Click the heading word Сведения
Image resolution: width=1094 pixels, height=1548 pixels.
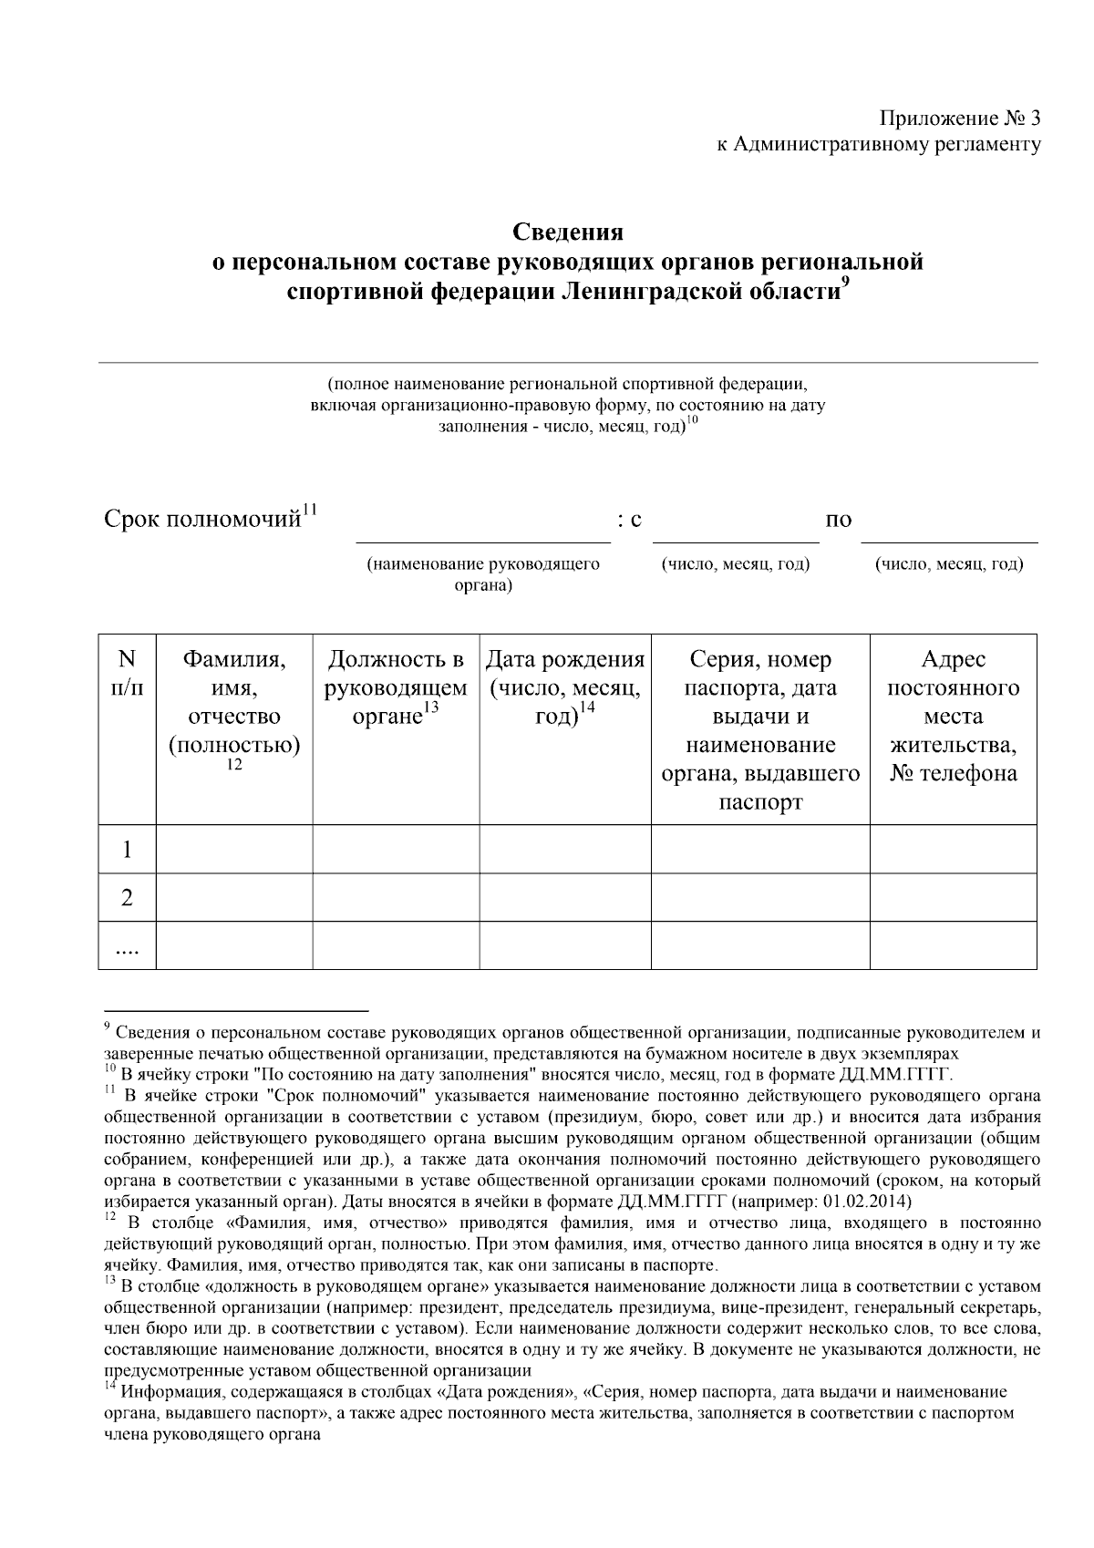click(566, 232)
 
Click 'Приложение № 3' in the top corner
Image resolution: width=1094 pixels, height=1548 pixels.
click(959, 119)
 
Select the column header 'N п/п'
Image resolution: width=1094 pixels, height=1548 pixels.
click(127, 673)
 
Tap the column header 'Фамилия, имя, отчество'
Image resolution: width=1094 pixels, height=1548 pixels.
click(234, 702)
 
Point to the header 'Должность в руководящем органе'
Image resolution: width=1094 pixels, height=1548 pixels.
click(396, 688)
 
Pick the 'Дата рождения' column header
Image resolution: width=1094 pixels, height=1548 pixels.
click(565, 688)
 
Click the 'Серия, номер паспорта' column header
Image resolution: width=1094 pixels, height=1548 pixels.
click(760, 729)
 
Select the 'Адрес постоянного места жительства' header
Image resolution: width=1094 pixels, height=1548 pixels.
click(953, 716)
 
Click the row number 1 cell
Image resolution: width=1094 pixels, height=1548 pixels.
click(127, 850)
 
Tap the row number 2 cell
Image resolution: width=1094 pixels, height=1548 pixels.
click(127, 898)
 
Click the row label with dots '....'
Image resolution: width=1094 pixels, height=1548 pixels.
click(127, 948)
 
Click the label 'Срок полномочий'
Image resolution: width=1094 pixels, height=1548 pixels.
click(201, 521)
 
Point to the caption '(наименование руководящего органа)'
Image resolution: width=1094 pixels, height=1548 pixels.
click(482, 574)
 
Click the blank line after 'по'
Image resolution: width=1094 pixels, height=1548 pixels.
click(948, 531)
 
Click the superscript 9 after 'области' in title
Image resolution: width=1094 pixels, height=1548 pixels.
click(844, 284)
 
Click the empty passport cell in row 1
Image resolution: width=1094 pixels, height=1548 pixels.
click(760, 850)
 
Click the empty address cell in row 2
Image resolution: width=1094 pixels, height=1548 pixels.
click(953, 898)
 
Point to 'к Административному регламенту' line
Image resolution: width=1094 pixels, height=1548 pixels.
click(878, 145)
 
